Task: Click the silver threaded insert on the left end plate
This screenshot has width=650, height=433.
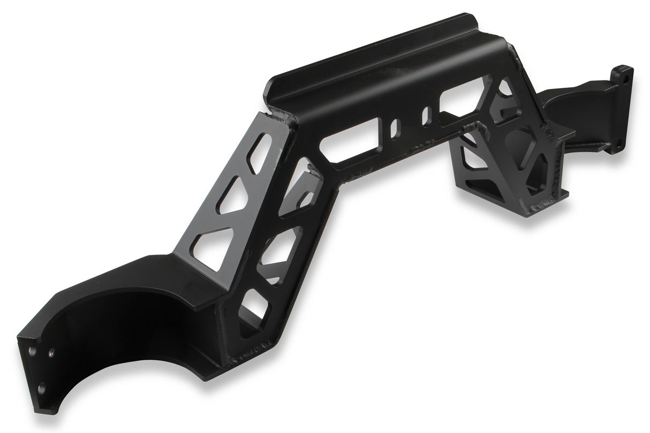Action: point(51,352)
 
